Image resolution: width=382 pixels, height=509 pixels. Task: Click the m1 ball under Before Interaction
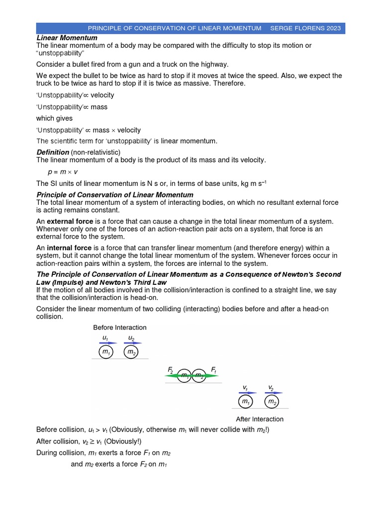click(105, 352)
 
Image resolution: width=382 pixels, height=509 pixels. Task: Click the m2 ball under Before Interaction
click(131, 352)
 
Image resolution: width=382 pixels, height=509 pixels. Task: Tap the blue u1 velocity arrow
click(108, 343)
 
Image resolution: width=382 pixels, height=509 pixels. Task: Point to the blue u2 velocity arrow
click(133, 343)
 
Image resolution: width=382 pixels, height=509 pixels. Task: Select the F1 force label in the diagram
click(213, 369)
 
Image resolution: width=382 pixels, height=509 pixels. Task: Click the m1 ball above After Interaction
click(245, 401)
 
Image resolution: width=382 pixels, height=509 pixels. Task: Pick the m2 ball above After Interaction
click(272, 401)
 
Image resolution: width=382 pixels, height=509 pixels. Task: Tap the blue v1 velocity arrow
click(247, 392)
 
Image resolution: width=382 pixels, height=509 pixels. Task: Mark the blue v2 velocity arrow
click(273, 392)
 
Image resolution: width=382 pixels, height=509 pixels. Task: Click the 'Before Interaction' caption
click(120, 328)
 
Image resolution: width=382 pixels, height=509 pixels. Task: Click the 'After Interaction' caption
click(260, 419)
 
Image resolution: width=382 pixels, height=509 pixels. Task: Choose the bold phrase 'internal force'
click(69, 248)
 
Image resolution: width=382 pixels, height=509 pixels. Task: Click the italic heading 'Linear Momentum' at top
click(67, 38)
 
